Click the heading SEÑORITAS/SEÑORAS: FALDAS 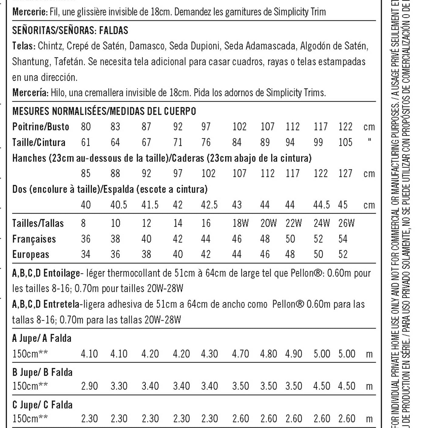(70, 30)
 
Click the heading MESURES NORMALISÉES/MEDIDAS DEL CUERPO (104, 111)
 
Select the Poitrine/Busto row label (41, 127)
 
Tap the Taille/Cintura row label (39, 142)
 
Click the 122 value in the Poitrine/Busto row (345, 127)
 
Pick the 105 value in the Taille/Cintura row (345, 142)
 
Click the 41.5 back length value (150, 205)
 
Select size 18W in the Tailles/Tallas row (240, 223)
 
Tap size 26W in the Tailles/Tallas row (346, 223)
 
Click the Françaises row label (34, 239)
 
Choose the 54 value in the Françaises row (343, 239)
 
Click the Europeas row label (31, 254)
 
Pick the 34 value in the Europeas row (86, 254)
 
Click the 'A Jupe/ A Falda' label (42, 338)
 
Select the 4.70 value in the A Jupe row (240, 354)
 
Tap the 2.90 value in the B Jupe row (90, 386)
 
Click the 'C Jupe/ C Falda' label (42, 405)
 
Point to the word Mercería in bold (30, 93)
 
